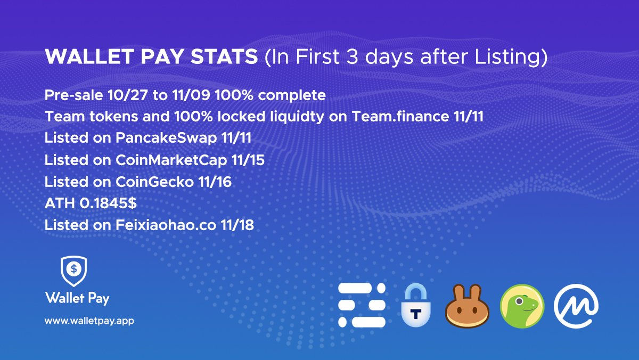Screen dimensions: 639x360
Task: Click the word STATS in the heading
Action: click(x=224, y=56)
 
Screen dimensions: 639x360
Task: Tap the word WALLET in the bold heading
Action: click(x=89, y=56)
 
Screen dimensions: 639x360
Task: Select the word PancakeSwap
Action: click(x=166, y=138)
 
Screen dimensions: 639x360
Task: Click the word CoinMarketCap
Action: click(x=171, y=160)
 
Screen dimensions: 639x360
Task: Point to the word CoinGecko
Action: click(x=154, y=182)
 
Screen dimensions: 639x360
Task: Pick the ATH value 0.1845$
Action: click(x=108, y=203)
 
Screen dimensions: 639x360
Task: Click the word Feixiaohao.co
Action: click(x=166, y=225)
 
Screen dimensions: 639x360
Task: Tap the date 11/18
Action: click(x=237, y=225)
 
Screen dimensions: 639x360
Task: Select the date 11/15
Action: click(x=248, y=160)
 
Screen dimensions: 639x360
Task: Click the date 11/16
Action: click(x=215, y=182)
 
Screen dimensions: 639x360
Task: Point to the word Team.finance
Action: click(x=400, y=117)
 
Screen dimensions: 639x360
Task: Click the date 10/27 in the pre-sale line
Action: click(x=127, y=95)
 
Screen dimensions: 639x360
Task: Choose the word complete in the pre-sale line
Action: click(x=292, y=95)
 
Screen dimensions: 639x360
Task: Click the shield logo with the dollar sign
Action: click(x=74, y=271)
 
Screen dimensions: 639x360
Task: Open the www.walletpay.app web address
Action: click(x=89, y=321)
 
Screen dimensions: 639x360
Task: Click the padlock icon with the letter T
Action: click(x=416, y=305)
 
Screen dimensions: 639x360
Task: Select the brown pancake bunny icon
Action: click(x=468, y=306)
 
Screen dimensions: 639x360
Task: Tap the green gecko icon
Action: click(x=522, y=306)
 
